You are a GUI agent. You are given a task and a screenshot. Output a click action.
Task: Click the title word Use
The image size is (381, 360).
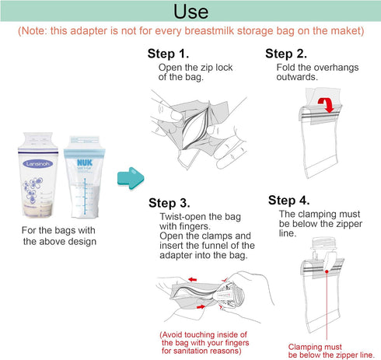tap(190, 12)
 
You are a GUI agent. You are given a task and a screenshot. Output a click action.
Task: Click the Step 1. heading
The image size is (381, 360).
tap(168, 54)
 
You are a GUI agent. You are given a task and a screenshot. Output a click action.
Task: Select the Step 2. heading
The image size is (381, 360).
tap(285, 54)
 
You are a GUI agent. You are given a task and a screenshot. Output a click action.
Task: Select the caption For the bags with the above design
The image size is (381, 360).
tap(61, 236)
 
